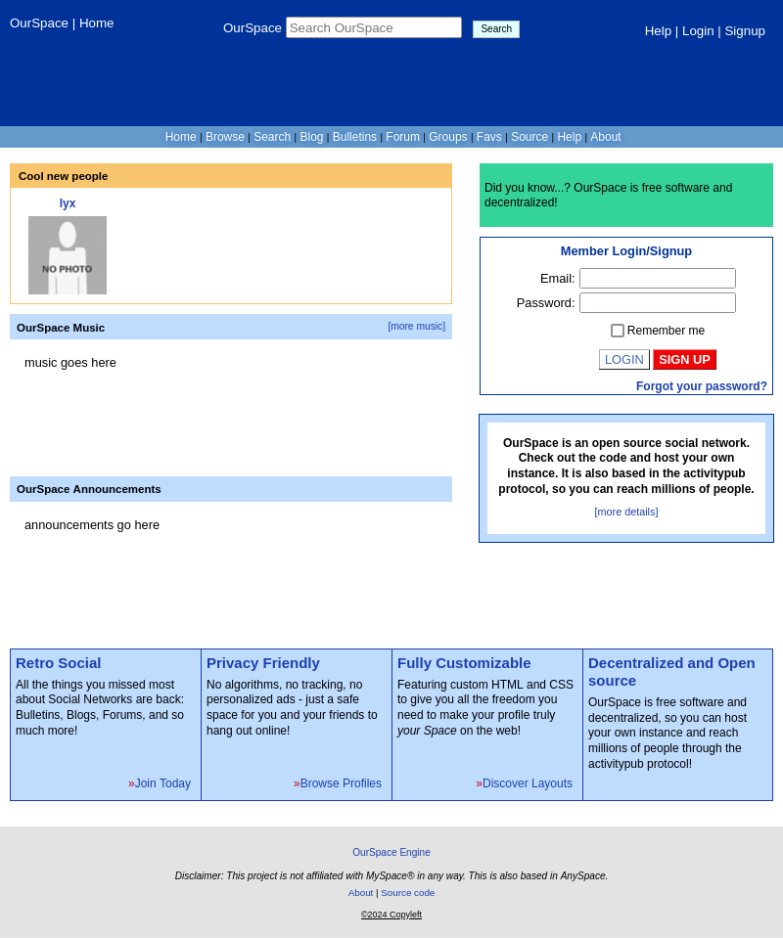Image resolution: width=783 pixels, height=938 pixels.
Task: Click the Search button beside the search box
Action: click(495, 29)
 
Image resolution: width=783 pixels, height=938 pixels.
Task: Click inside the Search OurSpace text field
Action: click(373, 27)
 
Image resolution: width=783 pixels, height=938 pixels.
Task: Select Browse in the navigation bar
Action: click(225, 137)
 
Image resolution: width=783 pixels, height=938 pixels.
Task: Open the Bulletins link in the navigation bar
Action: click(354, 137)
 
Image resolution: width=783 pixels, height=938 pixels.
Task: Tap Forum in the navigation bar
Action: click(402, 137)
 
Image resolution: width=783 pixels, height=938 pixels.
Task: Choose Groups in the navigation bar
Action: click(447, 137)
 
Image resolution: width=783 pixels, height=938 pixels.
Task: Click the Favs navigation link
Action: click(488, 137)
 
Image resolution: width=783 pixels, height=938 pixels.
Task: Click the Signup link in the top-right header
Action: click(745, 31)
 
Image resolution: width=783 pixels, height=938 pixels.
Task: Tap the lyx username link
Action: click(68, 203)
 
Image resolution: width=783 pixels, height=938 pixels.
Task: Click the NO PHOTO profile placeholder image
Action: click(68, 255)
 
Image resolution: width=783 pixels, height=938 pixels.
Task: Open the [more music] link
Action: click(416, 327)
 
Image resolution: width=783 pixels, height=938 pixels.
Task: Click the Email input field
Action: click(657, 279)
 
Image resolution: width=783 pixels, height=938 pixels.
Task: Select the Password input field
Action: click(657, 303)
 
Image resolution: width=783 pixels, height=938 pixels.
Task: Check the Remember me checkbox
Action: click(618, 331)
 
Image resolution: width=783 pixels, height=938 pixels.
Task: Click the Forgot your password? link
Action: click(701, 386)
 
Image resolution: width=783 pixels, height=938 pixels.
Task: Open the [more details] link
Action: click(625, 512)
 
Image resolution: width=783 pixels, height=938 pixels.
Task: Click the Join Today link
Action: click(162, 783)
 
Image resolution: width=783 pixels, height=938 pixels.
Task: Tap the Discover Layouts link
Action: click(528, 783)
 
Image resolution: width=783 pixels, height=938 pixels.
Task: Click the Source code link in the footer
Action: click(407, 892)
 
